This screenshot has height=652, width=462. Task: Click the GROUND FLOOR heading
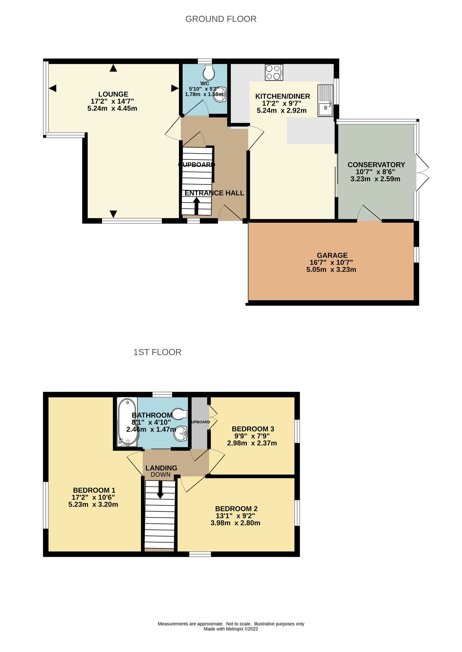tap(221, 19)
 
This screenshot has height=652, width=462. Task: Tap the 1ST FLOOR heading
tap(157, 352)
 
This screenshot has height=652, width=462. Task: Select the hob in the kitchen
tap(274, 72)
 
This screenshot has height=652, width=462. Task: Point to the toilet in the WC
tap(209, 73)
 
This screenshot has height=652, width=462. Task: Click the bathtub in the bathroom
tap(127, 422)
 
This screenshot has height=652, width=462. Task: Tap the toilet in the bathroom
tap(180, 414)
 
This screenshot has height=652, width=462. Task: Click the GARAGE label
tap(332, 255)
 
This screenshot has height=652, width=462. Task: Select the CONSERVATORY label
tap(376, 165)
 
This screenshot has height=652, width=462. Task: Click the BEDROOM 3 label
tap(253, 429)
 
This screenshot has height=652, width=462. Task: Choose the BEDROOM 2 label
tap(236, 509)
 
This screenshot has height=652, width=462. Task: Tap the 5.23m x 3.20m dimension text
tap(93, 505)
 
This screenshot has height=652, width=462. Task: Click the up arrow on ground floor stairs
tap(196, 206)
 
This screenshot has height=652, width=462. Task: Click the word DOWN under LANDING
tap(161, 475)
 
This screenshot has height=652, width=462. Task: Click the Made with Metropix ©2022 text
tap(231, 629)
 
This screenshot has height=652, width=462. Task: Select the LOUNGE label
tap(113, 94)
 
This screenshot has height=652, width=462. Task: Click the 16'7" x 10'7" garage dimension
tap(331, 263)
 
